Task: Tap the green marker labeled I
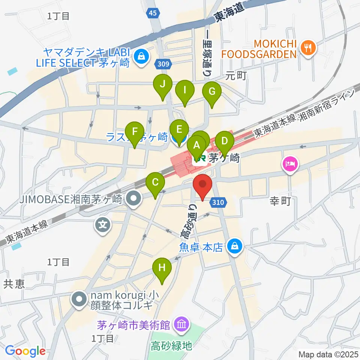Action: coord(185,91)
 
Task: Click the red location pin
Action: coord(203,185)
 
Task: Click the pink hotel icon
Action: coord(291,164)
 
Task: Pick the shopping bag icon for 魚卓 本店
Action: coord(234,246)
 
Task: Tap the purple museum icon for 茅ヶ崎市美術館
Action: coord(181,323)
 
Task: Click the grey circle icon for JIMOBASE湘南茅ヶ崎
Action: coord(133,197)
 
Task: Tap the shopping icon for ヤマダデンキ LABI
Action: coord(142,57)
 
